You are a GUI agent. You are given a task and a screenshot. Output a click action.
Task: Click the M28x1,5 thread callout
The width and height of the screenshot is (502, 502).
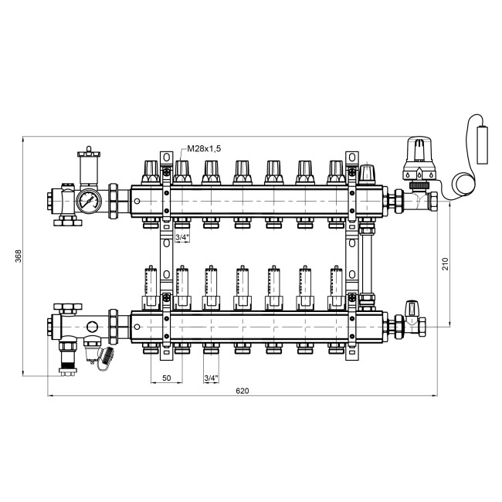tap(204, 148)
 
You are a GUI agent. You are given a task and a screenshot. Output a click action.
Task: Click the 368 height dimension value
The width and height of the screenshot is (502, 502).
tap(19, 256)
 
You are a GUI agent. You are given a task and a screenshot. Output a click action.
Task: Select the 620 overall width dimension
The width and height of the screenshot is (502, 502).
tap(242, 391)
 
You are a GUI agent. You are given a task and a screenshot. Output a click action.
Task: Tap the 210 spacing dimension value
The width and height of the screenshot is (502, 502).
tap(446, 264)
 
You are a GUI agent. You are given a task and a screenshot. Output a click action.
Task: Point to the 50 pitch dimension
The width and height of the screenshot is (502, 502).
tap(167, 378)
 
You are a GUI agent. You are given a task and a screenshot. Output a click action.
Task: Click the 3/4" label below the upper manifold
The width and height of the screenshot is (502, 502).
tap(182, 237)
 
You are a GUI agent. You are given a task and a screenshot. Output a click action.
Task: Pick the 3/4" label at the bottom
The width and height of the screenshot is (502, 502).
tap(212, 378)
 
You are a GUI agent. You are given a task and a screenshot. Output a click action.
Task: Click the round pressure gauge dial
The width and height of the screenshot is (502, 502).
tap(89, 201)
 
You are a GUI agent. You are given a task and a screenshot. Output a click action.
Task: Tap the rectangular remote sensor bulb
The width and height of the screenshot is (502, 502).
tap(483, 144)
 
